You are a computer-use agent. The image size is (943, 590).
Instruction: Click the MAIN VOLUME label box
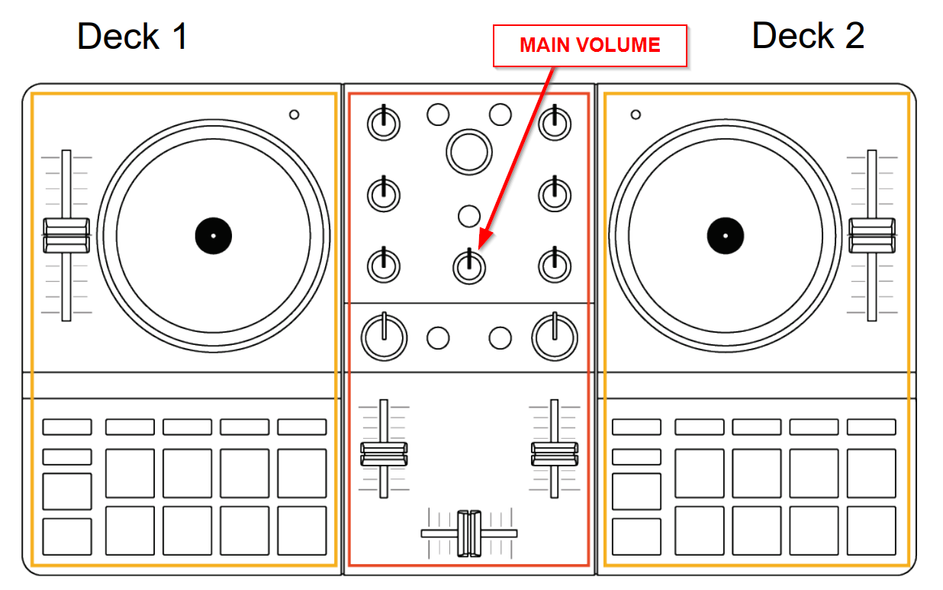tap(590, 45)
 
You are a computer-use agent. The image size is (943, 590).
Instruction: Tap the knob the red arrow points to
tap(469, 266)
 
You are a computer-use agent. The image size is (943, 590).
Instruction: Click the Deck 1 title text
tap(133, 36)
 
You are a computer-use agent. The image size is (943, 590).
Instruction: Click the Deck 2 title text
tap(808, 36)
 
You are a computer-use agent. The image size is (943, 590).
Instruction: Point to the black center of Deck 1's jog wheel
tap(213, 236)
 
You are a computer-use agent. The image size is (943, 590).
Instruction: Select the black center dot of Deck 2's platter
tap(725, 235)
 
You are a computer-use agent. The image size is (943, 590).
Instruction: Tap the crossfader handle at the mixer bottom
tap(469, 533)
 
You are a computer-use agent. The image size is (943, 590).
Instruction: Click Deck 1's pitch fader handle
tap(66, 235)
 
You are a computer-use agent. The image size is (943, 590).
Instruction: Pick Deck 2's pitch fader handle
tap(872, 235)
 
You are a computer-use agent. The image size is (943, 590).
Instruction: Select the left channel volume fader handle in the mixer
tap(384, 453)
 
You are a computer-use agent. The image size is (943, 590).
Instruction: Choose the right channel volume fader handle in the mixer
tap(555, 453)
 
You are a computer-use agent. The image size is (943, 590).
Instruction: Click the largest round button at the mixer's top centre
tap(468, 150)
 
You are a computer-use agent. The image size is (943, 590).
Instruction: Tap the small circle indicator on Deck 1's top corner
tap(294, 115)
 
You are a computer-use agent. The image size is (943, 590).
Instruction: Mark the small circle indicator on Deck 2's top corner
tap(636, 115)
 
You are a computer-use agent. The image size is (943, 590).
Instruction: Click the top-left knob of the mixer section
tap(384, 123)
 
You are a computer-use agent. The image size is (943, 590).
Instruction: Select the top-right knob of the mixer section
tap(555, 123)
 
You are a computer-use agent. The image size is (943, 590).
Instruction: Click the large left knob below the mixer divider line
tap(384, 337)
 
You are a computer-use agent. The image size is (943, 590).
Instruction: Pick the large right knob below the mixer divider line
tap(555, 337)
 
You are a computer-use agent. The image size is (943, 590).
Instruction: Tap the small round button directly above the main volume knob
tap(469, 216)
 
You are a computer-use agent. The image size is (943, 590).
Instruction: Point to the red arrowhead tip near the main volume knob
tap(481, 246)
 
